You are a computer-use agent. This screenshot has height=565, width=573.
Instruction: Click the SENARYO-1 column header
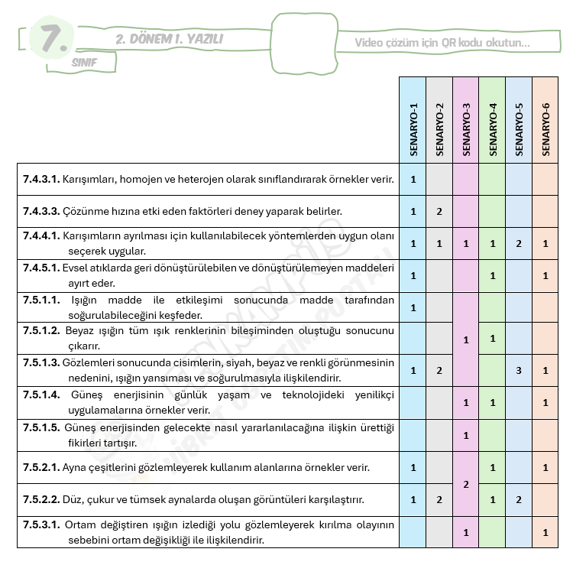(413, 129)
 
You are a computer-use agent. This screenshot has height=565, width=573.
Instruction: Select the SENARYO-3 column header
(466, 129)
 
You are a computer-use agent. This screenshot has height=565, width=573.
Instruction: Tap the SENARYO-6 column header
(545, 129)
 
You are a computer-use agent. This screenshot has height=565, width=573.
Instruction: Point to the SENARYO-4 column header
(493, 129)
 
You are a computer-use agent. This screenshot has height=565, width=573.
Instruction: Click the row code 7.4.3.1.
(40, 180)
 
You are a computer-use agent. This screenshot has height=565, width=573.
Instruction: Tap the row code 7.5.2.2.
(40, 500)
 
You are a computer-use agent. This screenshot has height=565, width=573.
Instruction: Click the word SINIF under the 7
(84, 63)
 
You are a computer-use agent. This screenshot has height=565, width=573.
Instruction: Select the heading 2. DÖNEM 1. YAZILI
(170, 39)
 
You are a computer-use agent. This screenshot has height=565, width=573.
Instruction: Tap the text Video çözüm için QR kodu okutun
(442, 43)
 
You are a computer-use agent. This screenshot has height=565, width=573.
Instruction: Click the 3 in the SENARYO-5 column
(519, 371)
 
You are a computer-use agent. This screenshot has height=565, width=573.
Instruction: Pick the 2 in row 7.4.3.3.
(439, 212)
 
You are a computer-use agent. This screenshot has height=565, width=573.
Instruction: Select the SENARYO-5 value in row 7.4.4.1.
(519, 244)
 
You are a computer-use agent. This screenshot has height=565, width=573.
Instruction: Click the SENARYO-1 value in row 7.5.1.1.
(413, 307)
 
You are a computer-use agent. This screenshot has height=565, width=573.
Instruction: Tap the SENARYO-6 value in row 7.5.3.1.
(545, 532)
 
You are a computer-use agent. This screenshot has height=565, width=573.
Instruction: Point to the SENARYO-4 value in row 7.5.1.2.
(493, 338)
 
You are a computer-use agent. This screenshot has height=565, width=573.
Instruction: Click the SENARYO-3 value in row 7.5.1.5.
(466, 436)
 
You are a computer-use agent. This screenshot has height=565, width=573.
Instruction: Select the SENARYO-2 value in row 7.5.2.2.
(439, 500)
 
